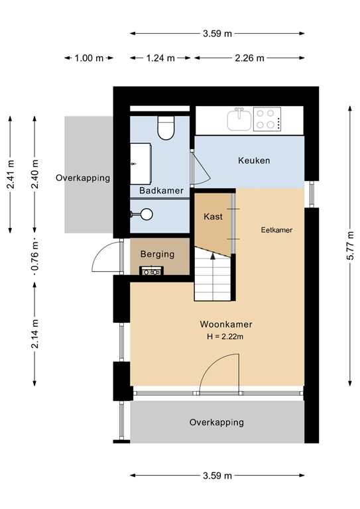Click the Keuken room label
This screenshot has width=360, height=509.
pos(254,161)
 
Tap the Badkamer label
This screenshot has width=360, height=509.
pos(161,191)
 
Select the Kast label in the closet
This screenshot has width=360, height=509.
pos(213,217)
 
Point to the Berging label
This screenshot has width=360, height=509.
pos(157,254)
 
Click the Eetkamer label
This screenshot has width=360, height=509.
pos(276,230)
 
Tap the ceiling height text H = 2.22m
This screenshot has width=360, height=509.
pos(225,337)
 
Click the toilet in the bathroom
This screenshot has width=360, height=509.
pos(166,128)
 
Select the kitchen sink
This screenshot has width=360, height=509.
pos(239,121)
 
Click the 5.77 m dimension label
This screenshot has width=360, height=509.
pos(350,243)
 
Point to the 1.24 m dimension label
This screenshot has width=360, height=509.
pos(160,58)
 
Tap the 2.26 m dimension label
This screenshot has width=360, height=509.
pos(250,58)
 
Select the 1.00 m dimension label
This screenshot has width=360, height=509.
pos(88,58)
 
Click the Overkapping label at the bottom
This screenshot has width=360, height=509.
pos(216,422)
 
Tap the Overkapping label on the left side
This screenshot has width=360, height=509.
pos(83,178)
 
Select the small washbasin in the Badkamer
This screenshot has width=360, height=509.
pos(144,213)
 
